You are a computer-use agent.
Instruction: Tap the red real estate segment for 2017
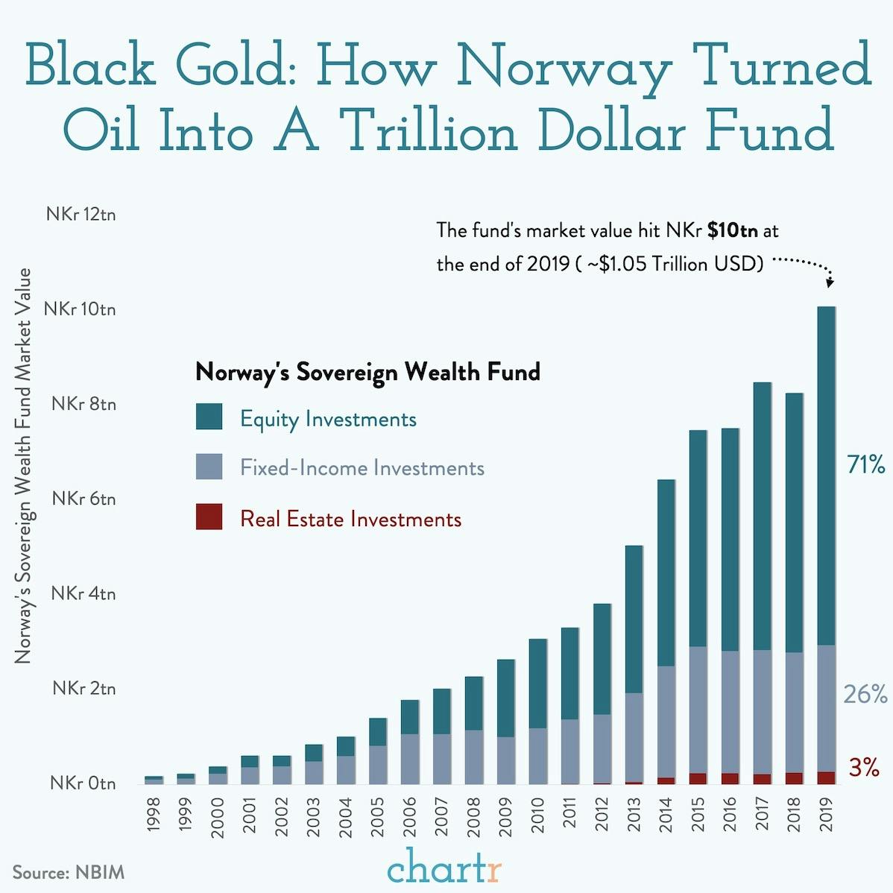click(x=762, y=779)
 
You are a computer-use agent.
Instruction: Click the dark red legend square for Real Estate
click(x=209, y=517)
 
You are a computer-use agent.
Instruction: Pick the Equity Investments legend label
click(x=328, y=419)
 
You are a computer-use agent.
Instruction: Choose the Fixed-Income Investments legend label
click(x=362, y=468)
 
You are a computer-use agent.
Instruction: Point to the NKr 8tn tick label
click(x=83, y=404)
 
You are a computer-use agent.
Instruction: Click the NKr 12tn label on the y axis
click(x=81, y=215)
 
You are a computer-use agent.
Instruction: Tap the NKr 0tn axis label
click(x=83, y=783)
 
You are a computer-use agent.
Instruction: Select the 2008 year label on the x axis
click(x=474, y=815)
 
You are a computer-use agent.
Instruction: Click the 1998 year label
click(x=154, y=815)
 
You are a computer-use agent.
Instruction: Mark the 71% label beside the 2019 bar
click(x=866, y=465)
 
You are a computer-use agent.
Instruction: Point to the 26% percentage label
click(x=865, y=695)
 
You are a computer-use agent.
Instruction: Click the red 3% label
click(x=864, y=768)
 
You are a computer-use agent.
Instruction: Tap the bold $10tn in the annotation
click(x=732, y=230)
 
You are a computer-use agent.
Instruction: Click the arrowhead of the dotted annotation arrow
click(x=830, y=283)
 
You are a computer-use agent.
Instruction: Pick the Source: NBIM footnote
click(x=68, y=872)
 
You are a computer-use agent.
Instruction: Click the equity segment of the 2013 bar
click(x=634, y=619)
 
